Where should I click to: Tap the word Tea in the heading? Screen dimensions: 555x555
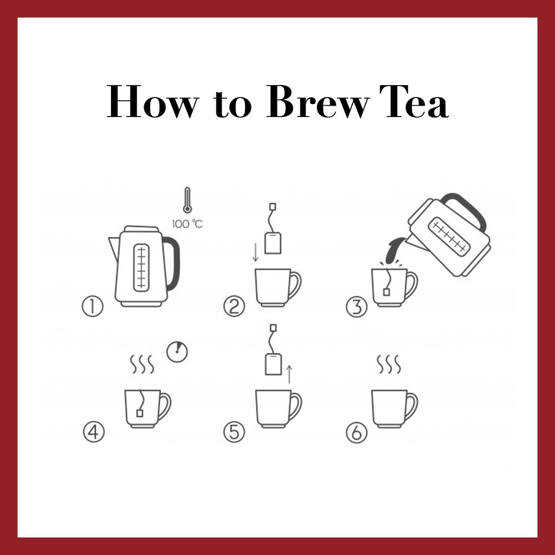point(414,101)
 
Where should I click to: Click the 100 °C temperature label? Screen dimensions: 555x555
point(187,224)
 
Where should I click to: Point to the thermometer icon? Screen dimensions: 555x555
point(187,200)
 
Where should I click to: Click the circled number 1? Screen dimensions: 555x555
point(92,307)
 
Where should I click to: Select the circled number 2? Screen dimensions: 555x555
point(234,307)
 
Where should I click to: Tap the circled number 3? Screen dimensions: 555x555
point(357,307)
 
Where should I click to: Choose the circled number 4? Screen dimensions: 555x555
point(94,432)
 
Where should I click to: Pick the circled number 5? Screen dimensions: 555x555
point(234,432)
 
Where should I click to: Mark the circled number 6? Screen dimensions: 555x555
point(357,433)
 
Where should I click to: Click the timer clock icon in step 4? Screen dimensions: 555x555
point(177,352)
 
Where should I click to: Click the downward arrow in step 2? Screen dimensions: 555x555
point(256,253)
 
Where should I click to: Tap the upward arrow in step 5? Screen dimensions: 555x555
point(289,375)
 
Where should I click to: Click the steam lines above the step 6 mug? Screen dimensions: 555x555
point(389,364)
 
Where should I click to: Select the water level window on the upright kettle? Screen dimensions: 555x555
point(141,267)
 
